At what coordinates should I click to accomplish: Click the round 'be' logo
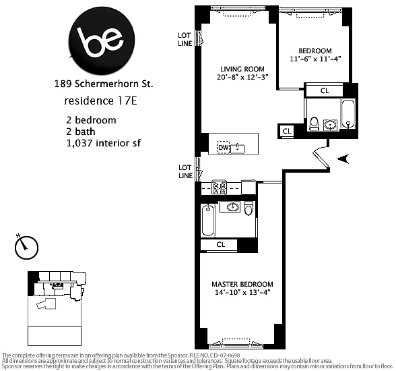coord(102,41)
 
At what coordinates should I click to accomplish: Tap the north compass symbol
coord(26,247)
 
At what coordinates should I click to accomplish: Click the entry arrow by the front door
coord(343,159)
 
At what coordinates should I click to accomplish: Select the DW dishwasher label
coord(223,147)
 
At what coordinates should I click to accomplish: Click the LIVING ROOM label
coord(242,69)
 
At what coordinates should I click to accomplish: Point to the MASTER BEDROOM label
coord(242,284)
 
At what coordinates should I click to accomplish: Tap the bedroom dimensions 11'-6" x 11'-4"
coord(315,59)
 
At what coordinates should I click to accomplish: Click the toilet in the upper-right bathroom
coord(315,123)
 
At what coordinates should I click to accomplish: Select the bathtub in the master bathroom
coord(208,221)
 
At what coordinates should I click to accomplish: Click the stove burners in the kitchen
coord(219,188)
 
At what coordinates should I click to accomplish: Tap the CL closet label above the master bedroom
coord(221,245)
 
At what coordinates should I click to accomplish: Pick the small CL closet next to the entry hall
coord(287,131)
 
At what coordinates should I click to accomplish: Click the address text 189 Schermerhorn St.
coord(104,84)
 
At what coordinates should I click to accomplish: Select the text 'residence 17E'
coord(100,101)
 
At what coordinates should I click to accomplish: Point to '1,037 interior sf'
coord(104,143)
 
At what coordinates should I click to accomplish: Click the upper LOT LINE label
coord(185,39)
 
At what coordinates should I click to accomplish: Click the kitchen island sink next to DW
coord(238,148)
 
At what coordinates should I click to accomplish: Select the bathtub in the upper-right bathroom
coord(348,113)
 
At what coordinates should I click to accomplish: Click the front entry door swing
coord(321,159)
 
